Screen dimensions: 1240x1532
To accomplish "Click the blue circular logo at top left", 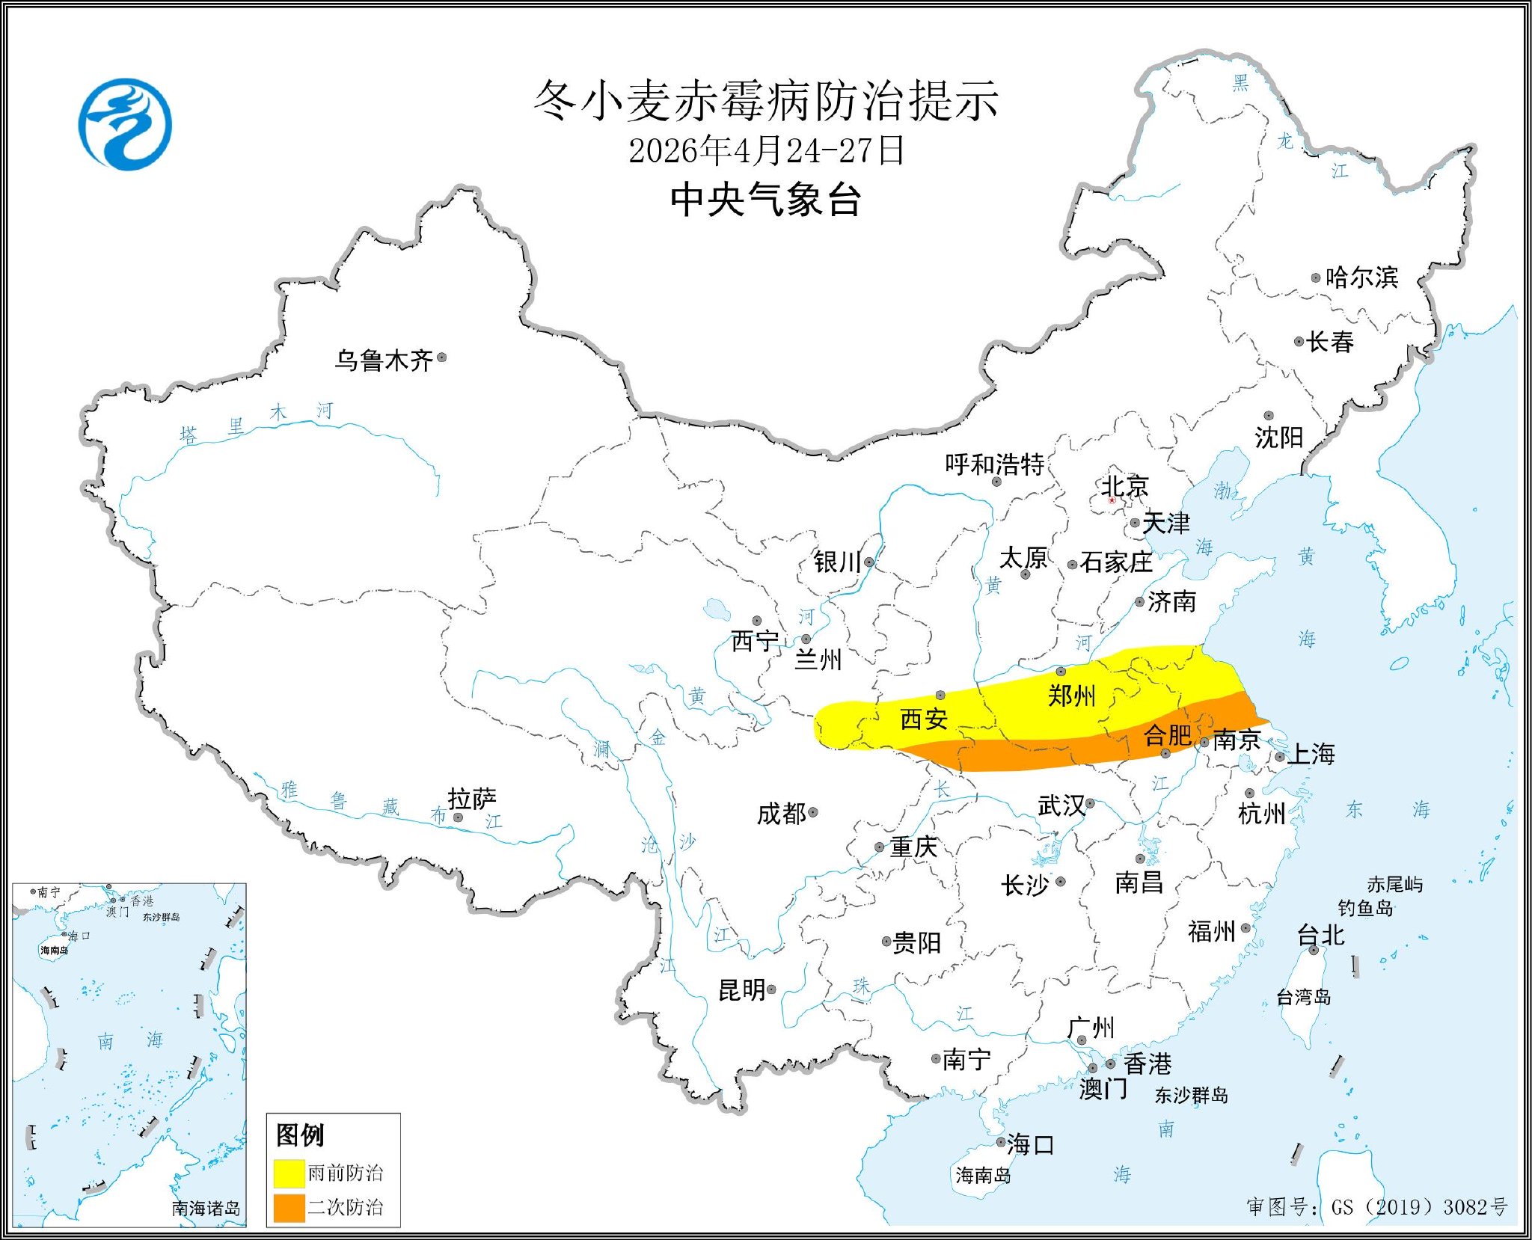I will coord(125,124).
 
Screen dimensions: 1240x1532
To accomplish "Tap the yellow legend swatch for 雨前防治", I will coord(289,1173).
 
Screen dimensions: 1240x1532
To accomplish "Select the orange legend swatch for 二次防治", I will coord(289,1208).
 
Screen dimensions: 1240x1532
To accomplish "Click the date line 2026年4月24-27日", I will coord(766,151).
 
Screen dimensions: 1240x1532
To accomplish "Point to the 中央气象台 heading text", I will coord(766,200).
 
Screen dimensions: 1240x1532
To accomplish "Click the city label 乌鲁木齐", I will coord(383,361).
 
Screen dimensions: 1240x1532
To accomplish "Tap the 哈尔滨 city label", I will coord(1361,277).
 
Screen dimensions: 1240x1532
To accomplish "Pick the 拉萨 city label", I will coord(472,799).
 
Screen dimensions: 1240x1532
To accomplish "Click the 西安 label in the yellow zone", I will coord(924,719).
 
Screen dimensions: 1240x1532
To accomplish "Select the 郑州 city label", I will coord(1071,696).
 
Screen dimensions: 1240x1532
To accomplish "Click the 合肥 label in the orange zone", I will coord(1168,735).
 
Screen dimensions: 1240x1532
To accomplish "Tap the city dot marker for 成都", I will coord(813,812).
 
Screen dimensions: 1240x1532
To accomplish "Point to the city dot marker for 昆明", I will coord(771,989).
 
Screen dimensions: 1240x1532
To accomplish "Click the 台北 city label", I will coord(1320,935).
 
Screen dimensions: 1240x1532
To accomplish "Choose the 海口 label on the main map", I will coord(1030,1144).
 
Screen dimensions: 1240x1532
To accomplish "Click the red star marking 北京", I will coord(1112,500).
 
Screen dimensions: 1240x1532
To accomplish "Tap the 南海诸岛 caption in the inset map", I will coord(206,1208).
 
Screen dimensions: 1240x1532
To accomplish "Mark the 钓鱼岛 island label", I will coord(1365,908).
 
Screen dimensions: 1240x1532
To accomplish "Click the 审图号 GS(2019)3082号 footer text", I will coord(1376,1207).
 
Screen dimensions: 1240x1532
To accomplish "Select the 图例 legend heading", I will coord(300,1135).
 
